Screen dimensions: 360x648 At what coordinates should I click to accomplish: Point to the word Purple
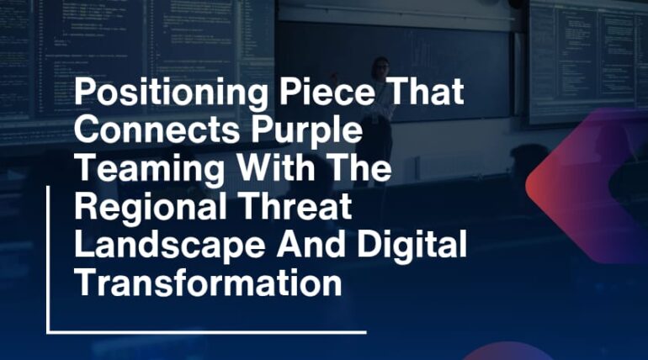[x=302, y=133]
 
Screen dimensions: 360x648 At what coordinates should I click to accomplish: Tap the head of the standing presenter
[x=381, y=66]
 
